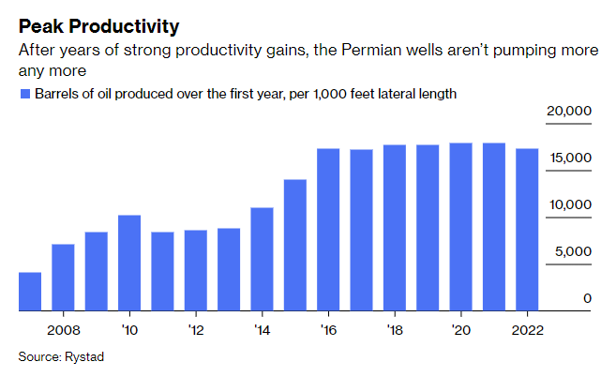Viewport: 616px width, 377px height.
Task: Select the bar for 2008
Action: pyautogui.click(x=63, y=277)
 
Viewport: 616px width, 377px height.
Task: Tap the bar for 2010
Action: pyautogui.click(x=129, y=263)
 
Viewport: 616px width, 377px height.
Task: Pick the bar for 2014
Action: pyautogui.click(x=262, y=259)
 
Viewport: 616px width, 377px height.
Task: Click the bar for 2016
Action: pyautogui.click(x=328, y=230)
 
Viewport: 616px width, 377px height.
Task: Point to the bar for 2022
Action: pyautogui.click(x=527, y=230)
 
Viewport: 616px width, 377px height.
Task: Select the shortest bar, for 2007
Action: pyautogui.click(x=30, y=291)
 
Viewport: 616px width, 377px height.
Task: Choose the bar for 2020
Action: pyautogui.click(x=460, y=227)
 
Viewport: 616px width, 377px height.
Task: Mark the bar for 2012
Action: pyautogui.click(x=196, y=270)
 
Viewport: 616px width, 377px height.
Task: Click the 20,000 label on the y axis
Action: pyautogui.click(x=568, y=111)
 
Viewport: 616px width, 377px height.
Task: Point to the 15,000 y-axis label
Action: pyautogui.click(x=568, y=158)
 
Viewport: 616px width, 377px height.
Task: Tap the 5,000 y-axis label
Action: pyautogui.click(x=572, y=251)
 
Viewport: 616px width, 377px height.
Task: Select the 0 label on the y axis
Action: pyautogui.click(x=587, y=298)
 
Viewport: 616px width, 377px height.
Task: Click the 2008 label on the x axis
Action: pyautogui.click(x=63, y=329)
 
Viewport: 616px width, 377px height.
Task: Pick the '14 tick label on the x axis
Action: pyautogui.click(x=262, y=329)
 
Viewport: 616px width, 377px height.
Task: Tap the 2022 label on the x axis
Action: pyautogui.click(x=527, y=329)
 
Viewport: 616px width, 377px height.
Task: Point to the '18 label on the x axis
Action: pyautogui.click(x=394, y=329)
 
